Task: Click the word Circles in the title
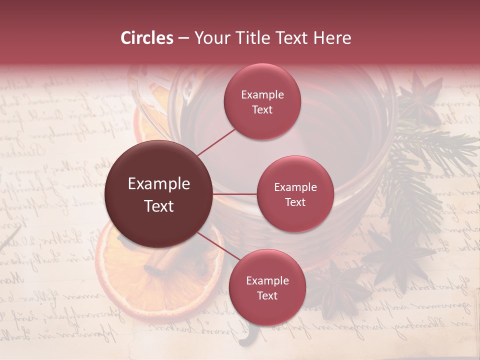(147, 38)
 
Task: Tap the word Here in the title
(332, 38)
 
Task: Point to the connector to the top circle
(216, 142)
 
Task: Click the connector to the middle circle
(235, 194)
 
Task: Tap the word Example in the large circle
(159, 184)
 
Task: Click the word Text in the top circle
(262, 109)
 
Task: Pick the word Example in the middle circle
(295, 187)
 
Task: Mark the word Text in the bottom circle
(267, 295)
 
